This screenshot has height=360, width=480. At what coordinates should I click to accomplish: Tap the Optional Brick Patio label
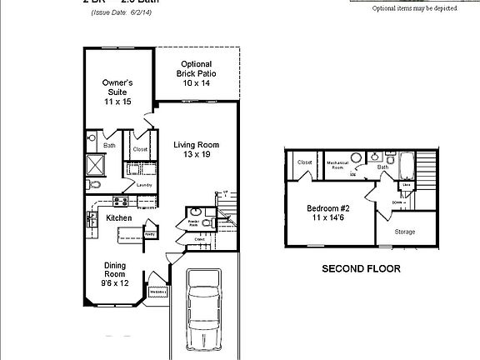point(194,73)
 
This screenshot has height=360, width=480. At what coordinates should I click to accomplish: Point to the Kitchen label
point(119,218)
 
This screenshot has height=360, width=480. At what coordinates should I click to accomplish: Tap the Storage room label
point(404,232)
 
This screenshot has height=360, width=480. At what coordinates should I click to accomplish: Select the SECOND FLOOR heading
point(361,269)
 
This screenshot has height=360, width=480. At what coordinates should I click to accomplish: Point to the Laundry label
point(144,185)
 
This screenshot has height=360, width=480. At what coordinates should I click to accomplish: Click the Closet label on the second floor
point(304,162)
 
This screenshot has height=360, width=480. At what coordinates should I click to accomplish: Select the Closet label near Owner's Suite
point(140,150)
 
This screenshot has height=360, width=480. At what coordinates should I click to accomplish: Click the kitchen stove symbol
point(120,201)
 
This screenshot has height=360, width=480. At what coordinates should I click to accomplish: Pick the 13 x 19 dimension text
point(196,156)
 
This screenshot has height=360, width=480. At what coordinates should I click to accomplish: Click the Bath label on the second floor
point(382,167)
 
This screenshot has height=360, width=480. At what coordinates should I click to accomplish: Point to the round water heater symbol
point(356,157)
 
